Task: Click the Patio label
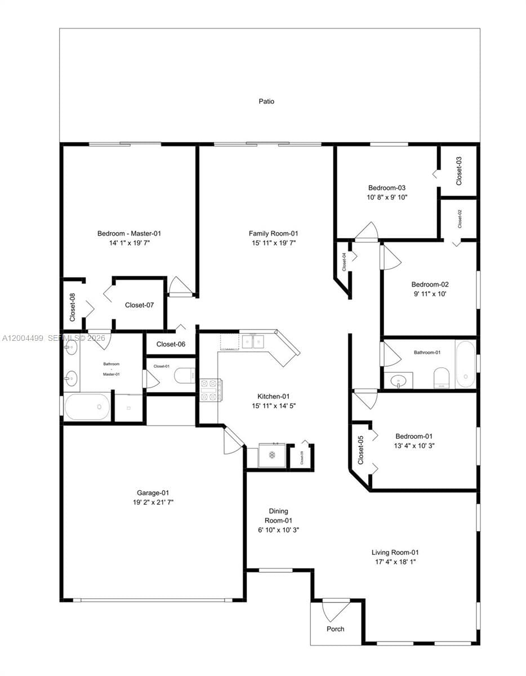click(x=266, y=101)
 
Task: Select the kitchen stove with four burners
click(x=211, y=390)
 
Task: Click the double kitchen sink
click(x=253, y=341)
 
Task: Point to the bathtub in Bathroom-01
click(x=465, y=363)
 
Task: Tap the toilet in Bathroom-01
click(x=441, y=377)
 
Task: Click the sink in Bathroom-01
click(x=399, y=380)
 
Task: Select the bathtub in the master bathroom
click(x=87, y=407)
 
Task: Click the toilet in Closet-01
click(x=185, y=376)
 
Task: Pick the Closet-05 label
click(x=361, y=450)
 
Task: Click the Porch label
click(x=336, y=629)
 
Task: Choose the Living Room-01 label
click(x=395, y=553)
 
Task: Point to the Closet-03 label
click(x=459, y=170)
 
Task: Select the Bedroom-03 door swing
click(x=366, y=232)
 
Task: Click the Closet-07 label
click(x=139, y=305)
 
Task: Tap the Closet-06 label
click(x=171, y=344)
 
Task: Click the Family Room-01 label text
click(x=273, y=233)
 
